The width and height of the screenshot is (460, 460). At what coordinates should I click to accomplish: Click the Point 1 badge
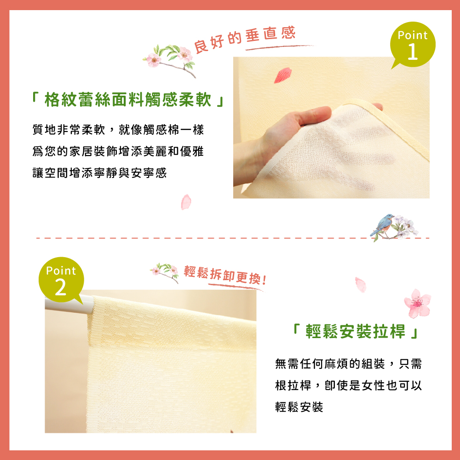(413, 45)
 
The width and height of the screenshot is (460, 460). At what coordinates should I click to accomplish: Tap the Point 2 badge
(61, 280)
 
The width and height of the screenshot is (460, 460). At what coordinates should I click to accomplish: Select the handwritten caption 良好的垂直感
(245, 39)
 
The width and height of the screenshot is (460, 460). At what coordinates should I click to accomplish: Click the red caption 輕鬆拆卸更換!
(225, 275)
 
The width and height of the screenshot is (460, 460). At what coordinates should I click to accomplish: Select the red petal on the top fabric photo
(283, 75)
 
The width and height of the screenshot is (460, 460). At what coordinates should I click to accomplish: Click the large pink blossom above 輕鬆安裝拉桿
(417, 304)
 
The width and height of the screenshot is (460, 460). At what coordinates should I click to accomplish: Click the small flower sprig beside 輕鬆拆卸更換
(165, 272)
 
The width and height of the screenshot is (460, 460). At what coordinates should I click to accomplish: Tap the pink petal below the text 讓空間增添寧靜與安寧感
(186, 202)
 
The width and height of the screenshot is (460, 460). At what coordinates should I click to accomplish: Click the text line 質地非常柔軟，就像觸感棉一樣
(118, 129)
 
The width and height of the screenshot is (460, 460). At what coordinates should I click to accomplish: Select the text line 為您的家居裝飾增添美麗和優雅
(118, 151)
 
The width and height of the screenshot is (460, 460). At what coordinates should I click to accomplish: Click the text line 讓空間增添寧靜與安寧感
(99, 173)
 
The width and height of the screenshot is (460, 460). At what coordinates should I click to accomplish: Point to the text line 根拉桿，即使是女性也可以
(348, 385)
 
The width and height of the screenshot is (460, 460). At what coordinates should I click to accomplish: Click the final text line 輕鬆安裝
(299, 407)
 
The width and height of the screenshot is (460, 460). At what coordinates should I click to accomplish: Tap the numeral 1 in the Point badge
(413, 52)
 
